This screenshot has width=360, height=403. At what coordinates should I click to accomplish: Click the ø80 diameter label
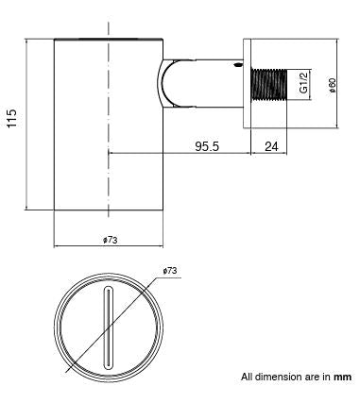click(x=331, y=84)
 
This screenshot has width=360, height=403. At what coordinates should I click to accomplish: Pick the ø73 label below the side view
click(x=111, y=240)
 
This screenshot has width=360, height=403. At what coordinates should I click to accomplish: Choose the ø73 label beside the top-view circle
click(x=171, y=271)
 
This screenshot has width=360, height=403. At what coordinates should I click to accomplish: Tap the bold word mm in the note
click(x=343, y=376)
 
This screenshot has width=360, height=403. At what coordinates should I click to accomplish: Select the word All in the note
click(x=247, y=376)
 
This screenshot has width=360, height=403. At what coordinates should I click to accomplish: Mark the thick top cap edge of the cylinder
click(x=111, y=39)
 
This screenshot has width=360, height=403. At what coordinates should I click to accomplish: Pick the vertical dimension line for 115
click(x=28, y=124)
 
